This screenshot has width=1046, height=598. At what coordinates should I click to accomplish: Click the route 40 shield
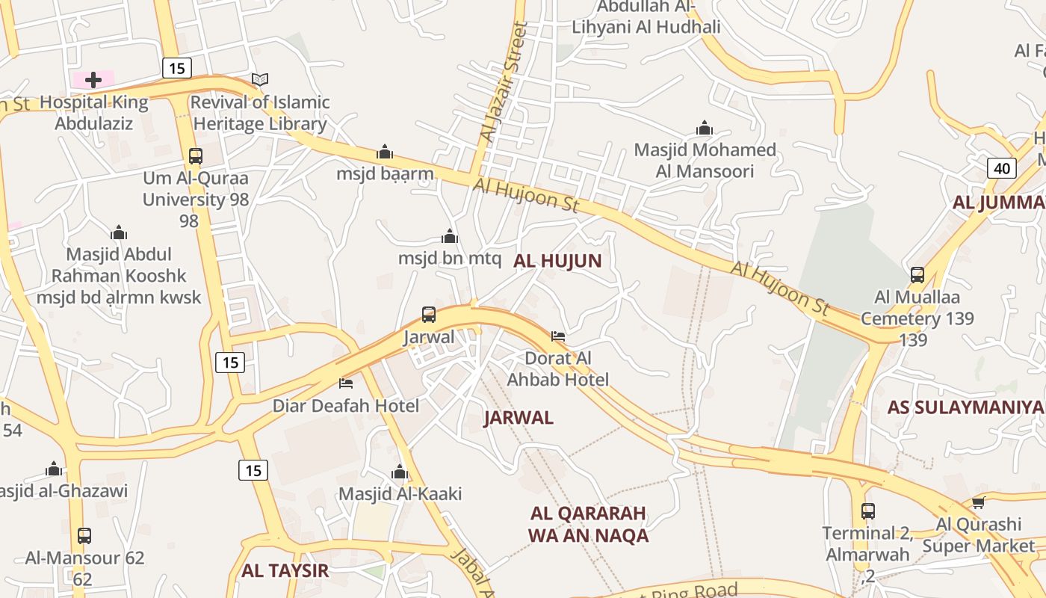pyautogui.click(x=1002, y=168)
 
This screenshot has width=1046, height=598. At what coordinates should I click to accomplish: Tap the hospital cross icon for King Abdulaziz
pyautogui.click(x=93, y=79)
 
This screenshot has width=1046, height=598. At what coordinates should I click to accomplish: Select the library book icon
pyautogui.click(x=259, y=79)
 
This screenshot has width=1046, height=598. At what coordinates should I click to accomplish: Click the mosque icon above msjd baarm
pyautogui.click(x=385, y=152)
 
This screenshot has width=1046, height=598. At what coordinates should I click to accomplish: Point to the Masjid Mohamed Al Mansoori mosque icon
pyautogui.click(x=704, y=128)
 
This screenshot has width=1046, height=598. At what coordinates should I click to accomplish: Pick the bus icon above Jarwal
pyautogui.click(x=429, y=315)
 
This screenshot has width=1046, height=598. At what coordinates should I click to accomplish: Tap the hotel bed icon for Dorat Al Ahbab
pyautogui.click(x=558, y=336)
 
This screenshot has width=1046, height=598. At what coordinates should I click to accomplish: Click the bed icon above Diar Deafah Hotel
pyautogui.click(x=346, y=383)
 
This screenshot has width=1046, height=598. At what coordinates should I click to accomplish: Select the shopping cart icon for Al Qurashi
pyautogui.click(x=978, y=502)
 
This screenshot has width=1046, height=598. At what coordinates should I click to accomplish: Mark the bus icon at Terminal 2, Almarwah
pyautogui.click(x=867, y=511)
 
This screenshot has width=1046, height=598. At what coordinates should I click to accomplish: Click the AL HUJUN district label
pyautogui.click(x=557, y=261)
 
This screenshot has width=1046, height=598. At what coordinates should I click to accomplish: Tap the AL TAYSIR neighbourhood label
pyautogui.click(x=285, y=571)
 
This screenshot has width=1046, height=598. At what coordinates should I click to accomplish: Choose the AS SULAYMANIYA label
pyautogui.click(x=965, y=407)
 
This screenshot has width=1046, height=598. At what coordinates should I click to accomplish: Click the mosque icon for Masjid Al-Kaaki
pyautogui.click(x=400, y=472)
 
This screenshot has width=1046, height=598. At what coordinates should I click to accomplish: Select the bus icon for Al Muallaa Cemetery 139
pyautogui.click(x=917, y=274)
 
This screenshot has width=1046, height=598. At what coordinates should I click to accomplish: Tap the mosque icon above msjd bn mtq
pyautogui.click(x=449, y=236)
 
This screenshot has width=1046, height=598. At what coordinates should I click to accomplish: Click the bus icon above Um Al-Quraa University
pyautogui.click(x=196, y=156)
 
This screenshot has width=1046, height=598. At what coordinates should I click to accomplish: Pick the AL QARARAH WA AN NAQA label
pyautogui.click(x=588, y=524)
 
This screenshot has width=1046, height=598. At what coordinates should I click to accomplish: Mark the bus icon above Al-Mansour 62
pyautogui.click(x=84, y=535)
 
